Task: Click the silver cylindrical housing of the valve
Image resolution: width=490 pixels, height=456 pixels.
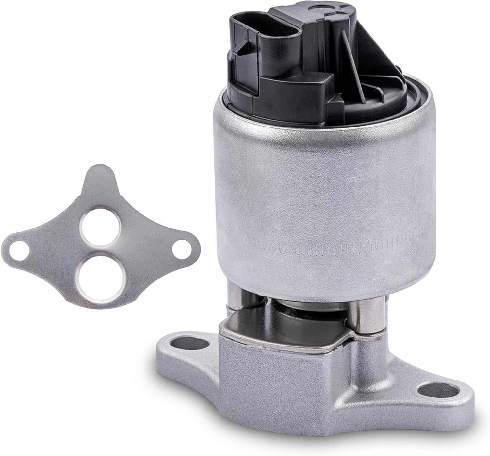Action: click(x=314, y=183)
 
